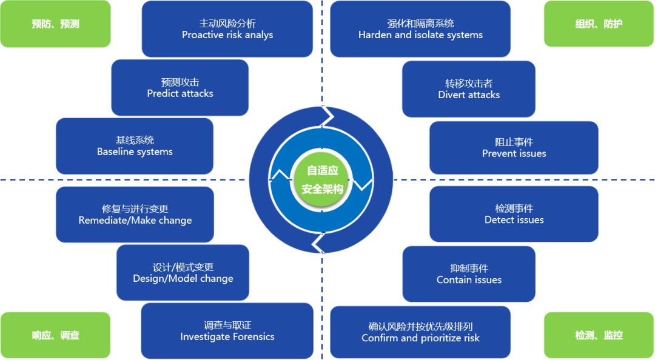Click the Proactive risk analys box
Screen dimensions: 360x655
pos(227,29)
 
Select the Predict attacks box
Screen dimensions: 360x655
pos(180,87)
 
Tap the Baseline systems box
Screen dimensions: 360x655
pos(134,146)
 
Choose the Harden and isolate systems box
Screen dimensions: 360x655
pos(420,29)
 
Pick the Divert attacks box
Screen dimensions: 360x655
pos(469,88)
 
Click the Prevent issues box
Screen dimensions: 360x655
pos(514,147)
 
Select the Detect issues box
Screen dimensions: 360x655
pos(514,214)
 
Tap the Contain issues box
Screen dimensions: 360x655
pos(469,273)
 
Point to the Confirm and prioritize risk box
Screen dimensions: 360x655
pos(420,332)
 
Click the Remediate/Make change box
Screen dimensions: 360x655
pos(135,214)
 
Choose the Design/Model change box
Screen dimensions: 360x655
pos(183,273)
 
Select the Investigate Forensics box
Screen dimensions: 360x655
pos(227,331)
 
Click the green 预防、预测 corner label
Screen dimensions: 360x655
pos(55,24)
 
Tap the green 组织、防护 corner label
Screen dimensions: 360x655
pos(599,24)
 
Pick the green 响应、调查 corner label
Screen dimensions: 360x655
pos(55,335)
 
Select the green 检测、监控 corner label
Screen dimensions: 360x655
pos(599,335)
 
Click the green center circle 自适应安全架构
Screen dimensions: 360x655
pos(322,179)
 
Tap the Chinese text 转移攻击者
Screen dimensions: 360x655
pos(469,83)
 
